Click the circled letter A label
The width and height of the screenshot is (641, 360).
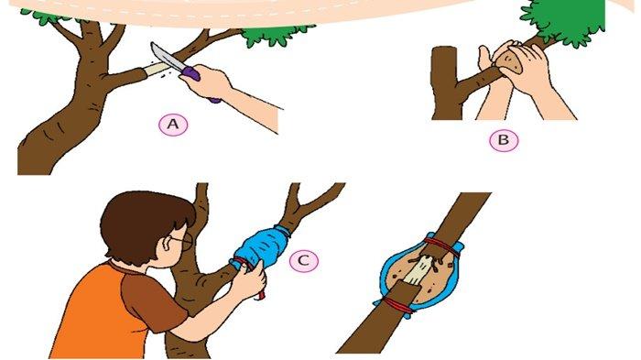point(173,125)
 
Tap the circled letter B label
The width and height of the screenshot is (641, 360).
point(504,140)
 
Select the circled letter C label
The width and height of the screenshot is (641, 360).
point(303,261)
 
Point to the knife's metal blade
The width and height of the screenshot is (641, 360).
point(167,59)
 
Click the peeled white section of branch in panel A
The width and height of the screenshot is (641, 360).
point(156,70)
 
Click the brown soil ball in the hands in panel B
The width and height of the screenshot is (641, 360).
point(511,61)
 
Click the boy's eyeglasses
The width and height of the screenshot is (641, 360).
point(181,241)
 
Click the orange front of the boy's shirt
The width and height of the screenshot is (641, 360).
point(98,311)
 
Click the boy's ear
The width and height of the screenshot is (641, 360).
point(167,245)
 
